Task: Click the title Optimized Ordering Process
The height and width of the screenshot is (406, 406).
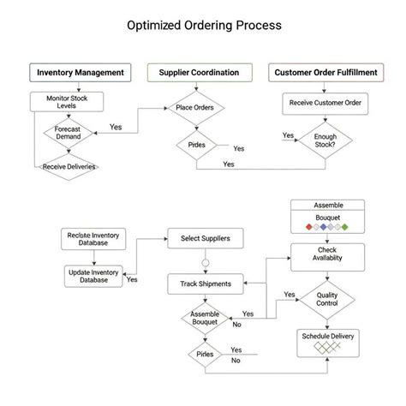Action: point(203,26)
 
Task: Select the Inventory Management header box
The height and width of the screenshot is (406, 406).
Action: point(81,73)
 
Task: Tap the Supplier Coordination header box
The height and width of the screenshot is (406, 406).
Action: point(199,73)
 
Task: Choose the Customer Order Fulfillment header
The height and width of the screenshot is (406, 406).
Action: point(325,73)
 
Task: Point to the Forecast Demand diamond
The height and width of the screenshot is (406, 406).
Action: point(68,133)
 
